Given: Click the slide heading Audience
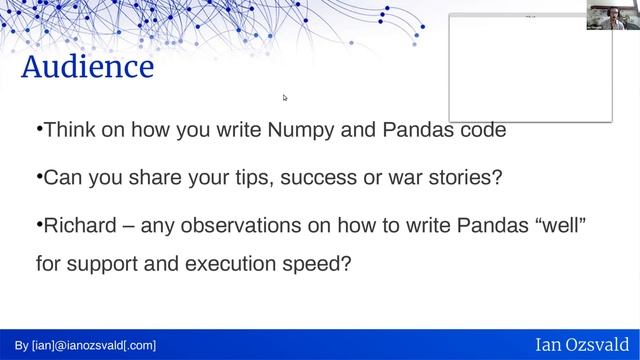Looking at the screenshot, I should click(88, 68).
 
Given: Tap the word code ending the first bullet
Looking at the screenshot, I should click(478, 130).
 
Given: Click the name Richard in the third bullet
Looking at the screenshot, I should click(78, 226).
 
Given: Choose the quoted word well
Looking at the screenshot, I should click(561, 226).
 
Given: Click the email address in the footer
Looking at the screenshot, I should click(85, 345).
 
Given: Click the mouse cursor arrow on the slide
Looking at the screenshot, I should click(285, 97).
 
